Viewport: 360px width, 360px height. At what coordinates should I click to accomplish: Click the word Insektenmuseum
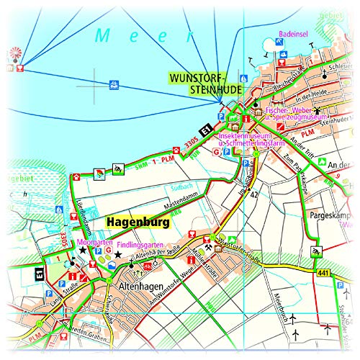tap(245, 135)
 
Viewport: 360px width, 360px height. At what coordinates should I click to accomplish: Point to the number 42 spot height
tap(253, 194)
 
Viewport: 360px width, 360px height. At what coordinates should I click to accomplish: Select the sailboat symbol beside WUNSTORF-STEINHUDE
tap(244, 77)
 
